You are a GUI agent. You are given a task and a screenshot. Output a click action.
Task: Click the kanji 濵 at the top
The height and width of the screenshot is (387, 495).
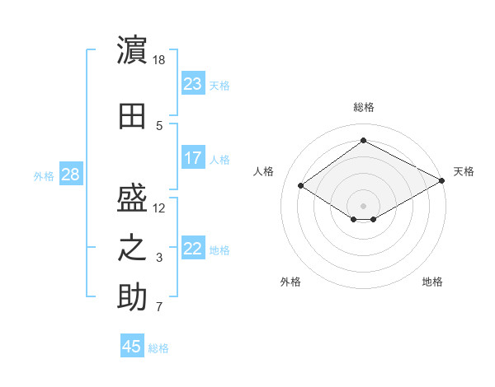[132, 49]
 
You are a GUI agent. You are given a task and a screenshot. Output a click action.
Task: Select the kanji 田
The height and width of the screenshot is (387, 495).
[132, 116]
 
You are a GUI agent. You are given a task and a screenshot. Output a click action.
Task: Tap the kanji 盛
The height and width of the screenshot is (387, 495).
[132, 198]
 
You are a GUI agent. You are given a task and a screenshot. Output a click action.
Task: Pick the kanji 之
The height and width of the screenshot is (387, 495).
[132, 248]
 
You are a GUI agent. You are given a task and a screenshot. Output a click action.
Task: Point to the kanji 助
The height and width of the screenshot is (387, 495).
[132, 297]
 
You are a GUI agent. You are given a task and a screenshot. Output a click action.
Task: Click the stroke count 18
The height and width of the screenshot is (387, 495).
[158, 60]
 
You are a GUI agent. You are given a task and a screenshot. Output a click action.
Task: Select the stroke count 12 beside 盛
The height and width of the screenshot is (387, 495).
[158, 208]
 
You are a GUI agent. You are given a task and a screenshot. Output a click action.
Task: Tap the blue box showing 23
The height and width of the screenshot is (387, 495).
[193, 83]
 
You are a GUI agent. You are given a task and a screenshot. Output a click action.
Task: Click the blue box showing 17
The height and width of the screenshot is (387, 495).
[193, 157]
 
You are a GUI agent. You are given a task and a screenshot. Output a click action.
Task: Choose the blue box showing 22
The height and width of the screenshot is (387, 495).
[193, 248]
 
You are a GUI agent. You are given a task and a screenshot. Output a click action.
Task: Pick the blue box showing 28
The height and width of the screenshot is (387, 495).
[71, 174]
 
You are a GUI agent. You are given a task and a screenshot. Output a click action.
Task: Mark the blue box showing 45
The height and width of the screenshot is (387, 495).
[132, 345]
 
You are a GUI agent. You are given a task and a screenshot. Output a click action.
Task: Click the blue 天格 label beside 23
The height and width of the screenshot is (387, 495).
[219, 86]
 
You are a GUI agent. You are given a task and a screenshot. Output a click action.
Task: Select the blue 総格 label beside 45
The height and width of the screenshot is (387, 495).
[158, 348]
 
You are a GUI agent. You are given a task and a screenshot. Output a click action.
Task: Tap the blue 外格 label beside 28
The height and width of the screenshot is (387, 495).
[44, 176]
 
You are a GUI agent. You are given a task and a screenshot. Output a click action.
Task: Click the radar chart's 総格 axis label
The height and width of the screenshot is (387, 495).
[364, 107]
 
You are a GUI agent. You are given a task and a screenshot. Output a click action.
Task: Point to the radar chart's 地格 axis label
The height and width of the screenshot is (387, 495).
[432, 282]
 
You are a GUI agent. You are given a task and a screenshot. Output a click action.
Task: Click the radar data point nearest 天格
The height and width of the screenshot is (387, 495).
[441, 180]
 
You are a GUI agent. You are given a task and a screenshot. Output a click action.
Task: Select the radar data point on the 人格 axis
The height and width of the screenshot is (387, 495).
[300, 185]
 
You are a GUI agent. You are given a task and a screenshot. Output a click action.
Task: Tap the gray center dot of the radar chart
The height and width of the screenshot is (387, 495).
[363, 206]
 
